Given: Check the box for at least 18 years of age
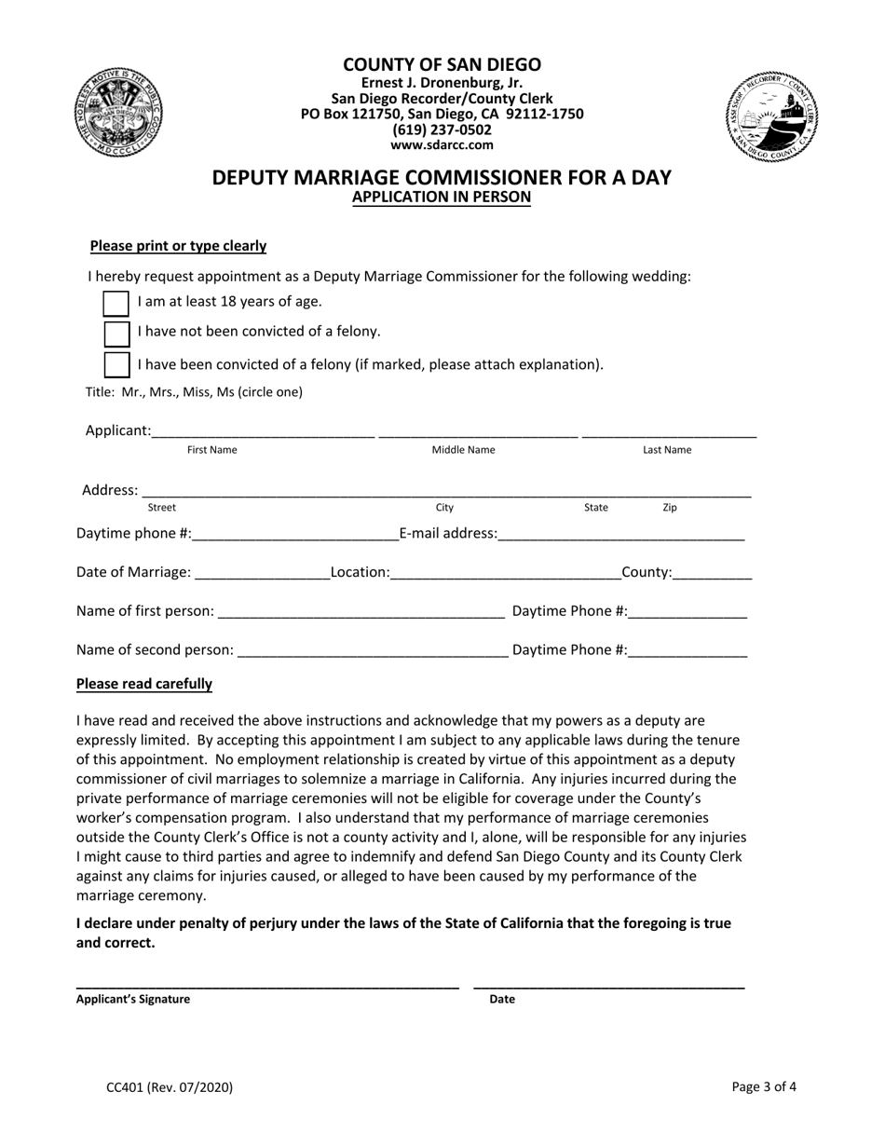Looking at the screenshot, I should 116,304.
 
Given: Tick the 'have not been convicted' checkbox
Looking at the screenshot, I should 116,334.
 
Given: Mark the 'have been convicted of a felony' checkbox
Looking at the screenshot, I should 116,364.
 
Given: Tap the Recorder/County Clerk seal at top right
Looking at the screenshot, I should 767,116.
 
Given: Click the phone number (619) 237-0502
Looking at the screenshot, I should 442,130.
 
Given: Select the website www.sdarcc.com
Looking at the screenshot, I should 442,145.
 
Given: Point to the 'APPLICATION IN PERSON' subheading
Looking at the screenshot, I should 442,198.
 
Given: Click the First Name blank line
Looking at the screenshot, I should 263,431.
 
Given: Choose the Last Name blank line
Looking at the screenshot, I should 668,431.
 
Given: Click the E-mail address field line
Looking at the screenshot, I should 621,535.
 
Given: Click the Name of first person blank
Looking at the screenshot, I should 361,612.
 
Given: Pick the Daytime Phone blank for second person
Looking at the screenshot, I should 688,651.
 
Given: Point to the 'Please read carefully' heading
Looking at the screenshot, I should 144,684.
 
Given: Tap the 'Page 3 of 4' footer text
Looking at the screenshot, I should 764,1086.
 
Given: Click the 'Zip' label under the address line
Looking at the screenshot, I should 670,508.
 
